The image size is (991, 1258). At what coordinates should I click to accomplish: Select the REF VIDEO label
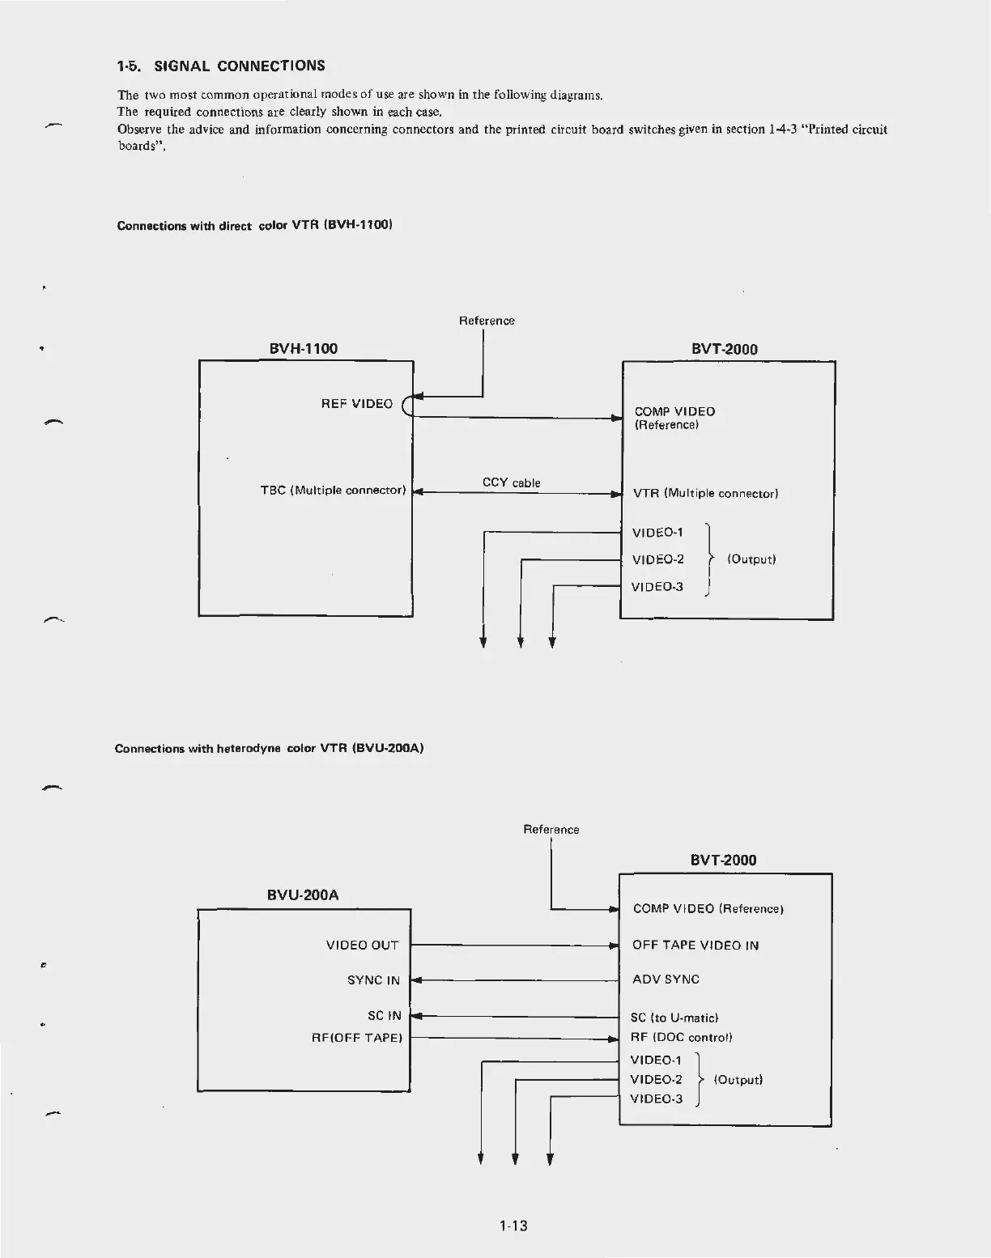point(356,404)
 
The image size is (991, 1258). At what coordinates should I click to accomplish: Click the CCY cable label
point(511,482)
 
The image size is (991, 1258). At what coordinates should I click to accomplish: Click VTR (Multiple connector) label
point(705,493)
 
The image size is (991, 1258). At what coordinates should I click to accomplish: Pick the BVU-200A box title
point(303,895)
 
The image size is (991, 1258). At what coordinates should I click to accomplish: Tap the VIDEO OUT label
point(362,945)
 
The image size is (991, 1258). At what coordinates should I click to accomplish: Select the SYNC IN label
point(373,980)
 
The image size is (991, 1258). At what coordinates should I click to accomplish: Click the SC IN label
point(384,1016)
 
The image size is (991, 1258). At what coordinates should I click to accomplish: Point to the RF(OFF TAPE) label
point(357,1038)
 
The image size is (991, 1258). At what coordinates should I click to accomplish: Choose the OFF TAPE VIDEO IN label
point(695,945)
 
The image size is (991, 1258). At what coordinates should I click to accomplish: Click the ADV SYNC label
point(666,980)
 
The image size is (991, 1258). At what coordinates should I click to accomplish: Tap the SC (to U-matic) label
point(674,1018)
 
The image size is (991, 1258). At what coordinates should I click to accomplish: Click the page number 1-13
point(513,1226)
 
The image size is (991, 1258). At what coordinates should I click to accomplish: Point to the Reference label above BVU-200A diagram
point(551,829)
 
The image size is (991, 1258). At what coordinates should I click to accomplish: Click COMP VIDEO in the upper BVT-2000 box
point(674,411)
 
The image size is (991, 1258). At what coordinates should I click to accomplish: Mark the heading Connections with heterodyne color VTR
point(270,748)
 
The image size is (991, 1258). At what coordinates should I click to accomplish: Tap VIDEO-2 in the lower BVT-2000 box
point(656,1079)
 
